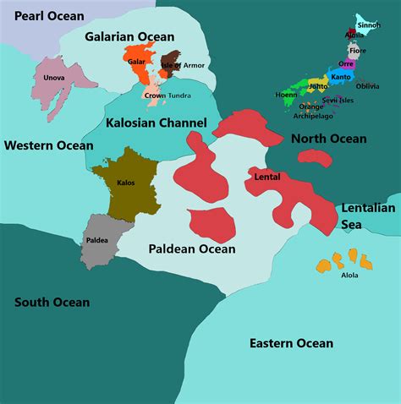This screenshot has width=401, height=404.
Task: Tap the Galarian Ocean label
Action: click(129, 36)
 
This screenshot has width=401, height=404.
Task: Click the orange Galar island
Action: click(136, 63)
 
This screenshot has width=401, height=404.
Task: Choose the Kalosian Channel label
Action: click(157, 123)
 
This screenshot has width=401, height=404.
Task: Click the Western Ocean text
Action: click(48, 145)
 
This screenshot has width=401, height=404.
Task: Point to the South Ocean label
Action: click(52, 302)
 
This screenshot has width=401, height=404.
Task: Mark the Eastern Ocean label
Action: click(290, 343)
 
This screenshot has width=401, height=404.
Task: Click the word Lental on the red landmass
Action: click(267, 177)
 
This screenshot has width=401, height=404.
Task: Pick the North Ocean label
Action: click(328, 139)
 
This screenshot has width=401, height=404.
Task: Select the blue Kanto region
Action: click(340, 78)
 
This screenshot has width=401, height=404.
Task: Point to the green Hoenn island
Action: click(286, 95)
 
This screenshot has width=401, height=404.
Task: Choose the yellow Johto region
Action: click(316, 85)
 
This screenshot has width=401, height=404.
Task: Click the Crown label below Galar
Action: click(154, 96)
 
